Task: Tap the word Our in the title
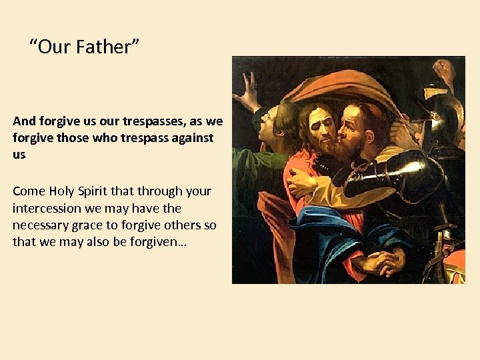pyautogui.click(x=55, y=47)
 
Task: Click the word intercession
pyautogui.click(x=48, y=208)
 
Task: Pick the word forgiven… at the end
pyautogui.click(x=158, y=241)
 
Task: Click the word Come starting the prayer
pyautogui.click(x=29, y=191)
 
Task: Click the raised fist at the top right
pyautogui.click(x=443, y=69)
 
